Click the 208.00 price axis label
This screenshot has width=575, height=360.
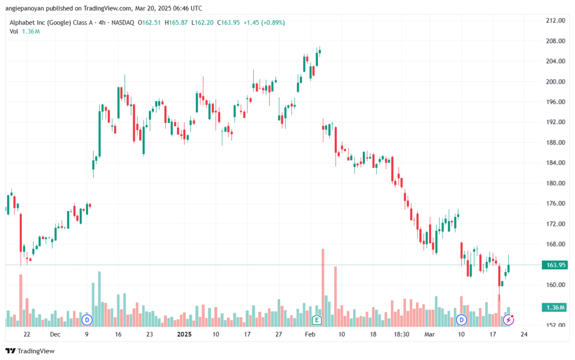pyautogui.click(x=555, y=40)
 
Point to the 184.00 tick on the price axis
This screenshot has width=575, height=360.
pyautogui.click(x=555, y=163)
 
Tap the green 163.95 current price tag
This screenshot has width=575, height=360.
pyautogui.click(x=556, y=265)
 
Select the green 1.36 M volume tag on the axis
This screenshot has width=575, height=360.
pyautogui.click(x=556, y=307)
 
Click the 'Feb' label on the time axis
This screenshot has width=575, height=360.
pyautogui.click(x=310, y=334)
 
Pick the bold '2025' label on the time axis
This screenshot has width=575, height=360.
pyautogui.click(x=184, y=334)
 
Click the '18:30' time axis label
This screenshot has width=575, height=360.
pyautogui.click(x=401, y=334)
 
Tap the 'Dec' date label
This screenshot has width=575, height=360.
pyautogui.click(x=55, y=334)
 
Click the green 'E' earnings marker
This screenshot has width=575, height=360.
pyautogui.click(x=317, y=320)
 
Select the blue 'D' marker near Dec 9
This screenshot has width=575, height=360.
pyautogui.click(x=87, y=320)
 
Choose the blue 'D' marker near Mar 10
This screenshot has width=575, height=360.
pyautogui.click(x=462, y=320)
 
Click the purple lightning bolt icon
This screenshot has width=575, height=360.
pyautogui.click(x=508, y=320)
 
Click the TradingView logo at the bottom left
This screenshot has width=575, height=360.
pyautogui.click(x=30, y=351)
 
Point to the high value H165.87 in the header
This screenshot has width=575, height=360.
pyautogui.click(x=176, y=22)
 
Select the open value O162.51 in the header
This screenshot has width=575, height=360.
pyautogui.click(x=149, y=22)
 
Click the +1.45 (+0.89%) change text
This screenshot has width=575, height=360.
pyautogui.click(x=264, y=22)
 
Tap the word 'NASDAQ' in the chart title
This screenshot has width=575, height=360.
pyautogui.click(x=123, y=22)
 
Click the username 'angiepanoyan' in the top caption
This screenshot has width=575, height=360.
pyautogui.click(x=25, y=8)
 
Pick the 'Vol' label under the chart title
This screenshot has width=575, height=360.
pyautogui.click(x=14, y=31)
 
